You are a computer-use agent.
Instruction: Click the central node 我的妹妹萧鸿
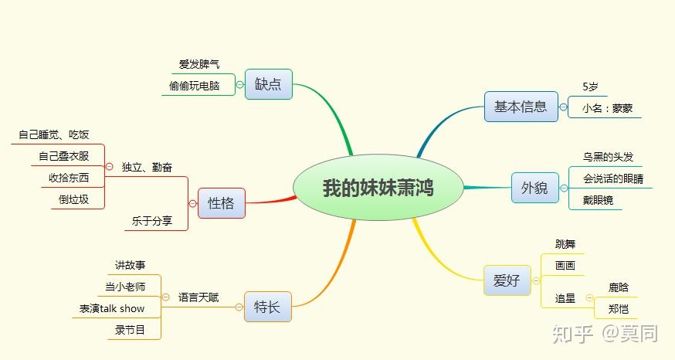378,188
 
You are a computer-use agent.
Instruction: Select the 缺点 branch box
268,84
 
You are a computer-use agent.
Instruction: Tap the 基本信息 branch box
521,107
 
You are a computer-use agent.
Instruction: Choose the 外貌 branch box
534,187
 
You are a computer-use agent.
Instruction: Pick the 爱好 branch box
507,280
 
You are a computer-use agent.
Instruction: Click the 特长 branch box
267,307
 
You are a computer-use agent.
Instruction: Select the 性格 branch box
221,203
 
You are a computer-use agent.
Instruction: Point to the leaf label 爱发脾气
198,64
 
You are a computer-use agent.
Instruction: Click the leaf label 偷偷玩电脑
194,86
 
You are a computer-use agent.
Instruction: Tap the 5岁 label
591,87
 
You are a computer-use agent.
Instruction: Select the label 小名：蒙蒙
608,109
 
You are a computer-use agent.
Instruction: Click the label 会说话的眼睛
613,178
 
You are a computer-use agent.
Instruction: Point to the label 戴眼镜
598,200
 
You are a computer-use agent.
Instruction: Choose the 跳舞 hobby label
565,244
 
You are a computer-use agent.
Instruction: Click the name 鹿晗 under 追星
619,287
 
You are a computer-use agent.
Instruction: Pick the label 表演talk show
112,308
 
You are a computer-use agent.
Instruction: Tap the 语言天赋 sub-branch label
198,297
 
